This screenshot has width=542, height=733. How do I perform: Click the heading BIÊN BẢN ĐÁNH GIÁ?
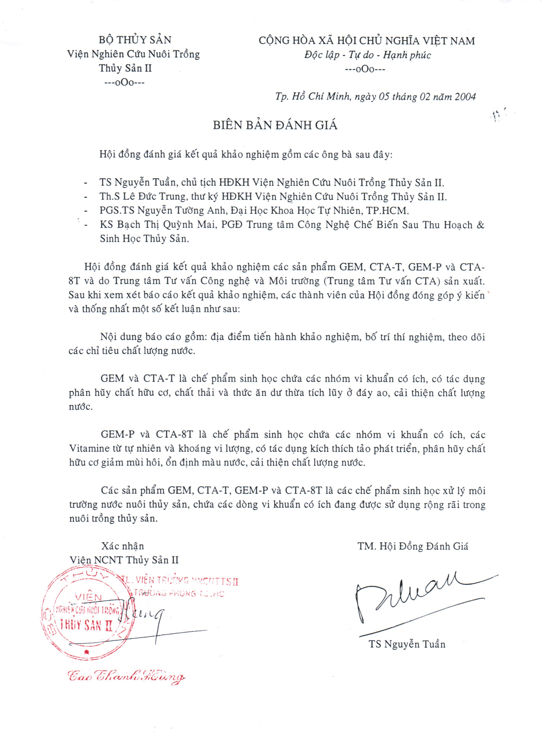[x=275, y=125]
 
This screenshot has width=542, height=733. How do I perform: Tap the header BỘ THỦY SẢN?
[x=135, y=40]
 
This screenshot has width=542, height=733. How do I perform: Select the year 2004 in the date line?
[x=465, y=96]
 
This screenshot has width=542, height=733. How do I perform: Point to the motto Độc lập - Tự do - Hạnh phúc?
[x=367, y=55]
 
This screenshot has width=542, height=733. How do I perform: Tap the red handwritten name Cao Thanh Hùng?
[x=126, y=676]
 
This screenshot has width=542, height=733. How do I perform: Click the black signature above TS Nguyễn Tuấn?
[x=417, y=598]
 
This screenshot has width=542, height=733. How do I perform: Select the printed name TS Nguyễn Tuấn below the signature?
[x=407, y=644]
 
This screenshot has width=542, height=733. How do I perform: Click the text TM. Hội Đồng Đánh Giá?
[x=413, y=546]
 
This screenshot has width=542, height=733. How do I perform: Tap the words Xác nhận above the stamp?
[x=123, y=546]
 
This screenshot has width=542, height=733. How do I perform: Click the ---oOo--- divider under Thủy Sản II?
[x=124, y=83]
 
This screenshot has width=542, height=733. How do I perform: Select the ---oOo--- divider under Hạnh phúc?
[x=366, y=70]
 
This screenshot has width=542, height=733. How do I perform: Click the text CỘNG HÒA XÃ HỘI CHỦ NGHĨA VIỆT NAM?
[x=366, y=41]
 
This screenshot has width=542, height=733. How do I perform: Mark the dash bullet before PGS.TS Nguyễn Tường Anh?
[x=86, y=211]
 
